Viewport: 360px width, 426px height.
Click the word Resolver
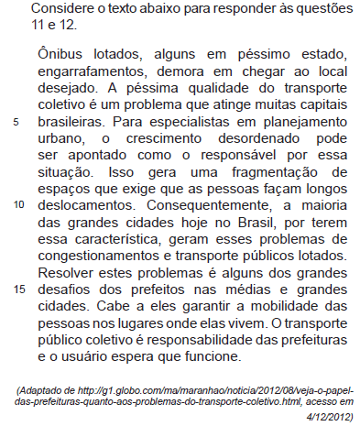point(67,271)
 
